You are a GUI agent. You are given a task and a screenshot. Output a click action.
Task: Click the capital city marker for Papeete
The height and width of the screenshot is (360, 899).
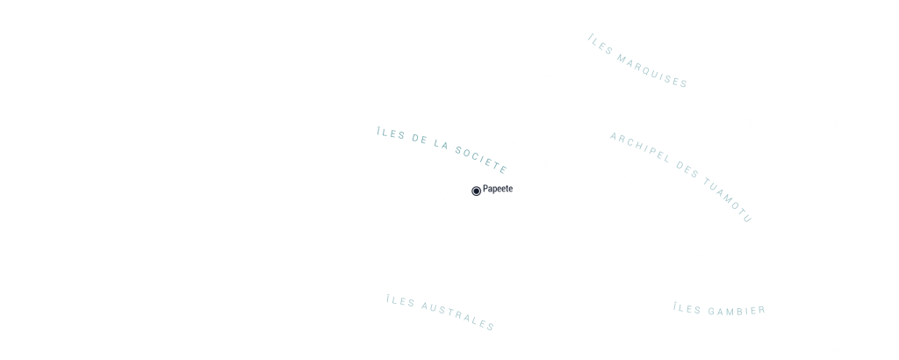476,191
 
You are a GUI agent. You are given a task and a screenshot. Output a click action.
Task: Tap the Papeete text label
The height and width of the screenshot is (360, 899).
498,189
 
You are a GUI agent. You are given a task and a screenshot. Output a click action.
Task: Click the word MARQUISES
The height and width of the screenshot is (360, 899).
652,71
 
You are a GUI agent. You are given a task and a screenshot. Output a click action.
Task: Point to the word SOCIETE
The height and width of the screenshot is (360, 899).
482,159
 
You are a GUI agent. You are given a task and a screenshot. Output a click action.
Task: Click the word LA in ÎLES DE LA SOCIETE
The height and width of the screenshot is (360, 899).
441,144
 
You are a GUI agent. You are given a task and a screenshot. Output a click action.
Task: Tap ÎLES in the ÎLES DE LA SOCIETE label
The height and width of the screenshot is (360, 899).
391,133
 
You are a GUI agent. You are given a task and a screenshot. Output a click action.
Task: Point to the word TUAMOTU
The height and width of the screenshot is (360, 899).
728,200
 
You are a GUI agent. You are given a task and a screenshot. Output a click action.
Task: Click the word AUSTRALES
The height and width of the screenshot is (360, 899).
458,316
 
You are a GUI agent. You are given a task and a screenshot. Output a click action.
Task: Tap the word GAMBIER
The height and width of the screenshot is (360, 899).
737,312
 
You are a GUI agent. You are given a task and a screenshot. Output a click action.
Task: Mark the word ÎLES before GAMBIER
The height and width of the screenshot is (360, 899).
687,309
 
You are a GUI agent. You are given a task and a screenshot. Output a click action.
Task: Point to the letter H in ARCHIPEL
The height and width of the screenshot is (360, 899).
638,148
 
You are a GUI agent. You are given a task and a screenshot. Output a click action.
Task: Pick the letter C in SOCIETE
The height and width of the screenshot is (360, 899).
477,156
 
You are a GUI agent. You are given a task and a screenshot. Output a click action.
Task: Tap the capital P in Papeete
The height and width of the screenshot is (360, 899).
485,189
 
